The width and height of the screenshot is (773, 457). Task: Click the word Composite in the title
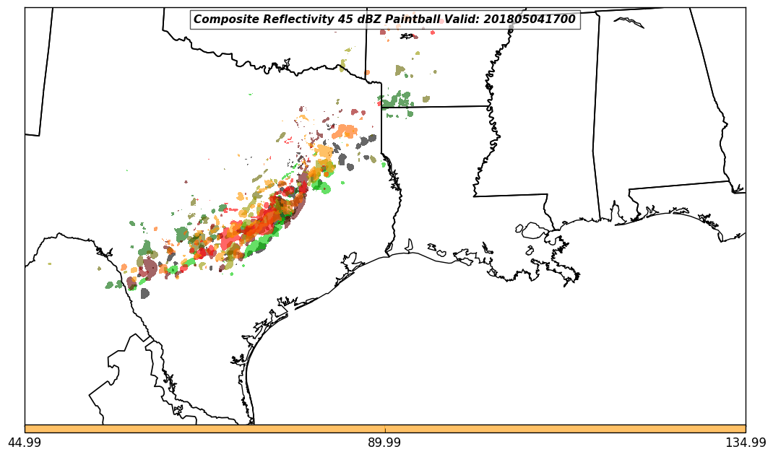tap(222, 19)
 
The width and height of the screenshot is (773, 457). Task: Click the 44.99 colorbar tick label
tap(25, 443)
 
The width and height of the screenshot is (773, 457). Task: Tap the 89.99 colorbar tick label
tap(385, 443)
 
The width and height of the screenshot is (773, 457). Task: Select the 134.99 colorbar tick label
tap(746, 443)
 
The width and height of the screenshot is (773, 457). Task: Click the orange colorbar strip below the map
tap(385, 429)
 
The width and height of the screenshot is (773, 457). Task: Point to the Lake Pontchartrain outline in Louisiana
tap(535, 230)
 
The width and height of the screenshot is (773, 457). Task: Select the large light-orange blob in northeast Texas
tap(346, 131)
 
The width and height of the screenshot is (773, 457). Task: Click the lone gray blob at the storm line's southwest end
tap(144, 293)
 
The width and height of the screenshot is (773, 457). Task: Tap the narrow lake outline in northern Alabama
tap(629, 22)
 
